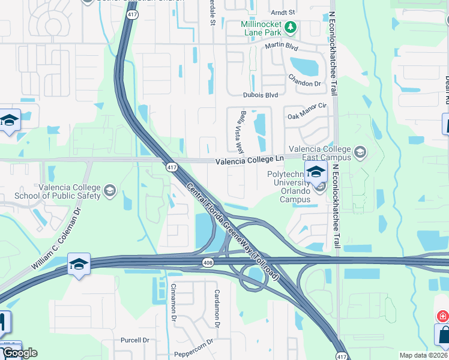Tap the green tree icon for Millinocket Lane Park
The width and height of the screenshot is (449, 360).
pos(291,27)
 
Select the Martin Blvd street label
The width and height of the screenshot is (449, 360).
pos(282,46)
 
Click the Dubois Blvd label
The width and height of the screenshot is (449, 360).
pos(261,95)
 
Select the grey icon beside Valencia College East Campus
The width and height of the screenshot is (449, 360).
pos(360,151)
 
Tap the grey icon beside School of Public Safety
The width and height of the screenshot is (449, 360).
pos(109,191)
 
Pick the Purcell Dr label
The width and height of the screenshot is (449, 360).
pos(134,340)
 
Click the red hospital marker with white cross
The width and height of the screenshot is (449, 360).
pos(442,316)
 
